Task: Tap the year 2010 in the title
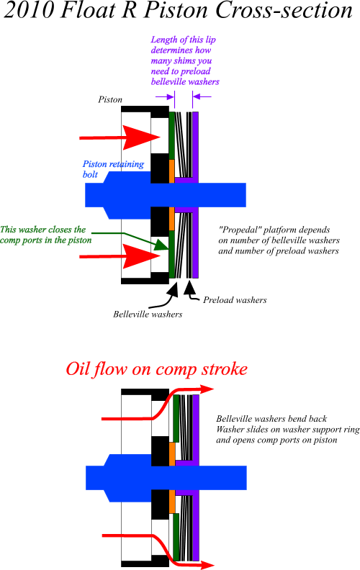pos(29,10)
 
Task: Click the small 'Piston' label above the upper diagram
pos(110,99)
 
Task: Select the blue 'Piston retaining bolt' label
pos(113,169)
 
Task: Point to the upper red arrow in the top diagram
pos(120,137)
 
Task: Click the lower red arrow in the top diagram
pos(120,256)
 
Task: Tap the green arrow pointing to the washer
pos(130,240)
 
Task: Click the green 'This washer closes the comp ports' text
pos(46,235)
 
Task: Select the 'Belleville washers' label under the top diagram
pos(148,314)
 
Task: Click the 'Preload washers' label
pos(235,300)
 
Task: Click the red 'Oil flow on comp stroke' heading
pos(157,369)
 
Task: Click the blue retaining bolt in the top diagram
pos(166,195)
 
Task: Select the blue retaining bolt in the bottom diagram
pos(166,478)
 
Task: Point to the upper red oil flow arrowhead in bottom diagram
pos(206,389)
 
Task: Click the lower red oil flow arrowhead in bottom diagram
pos(206,565)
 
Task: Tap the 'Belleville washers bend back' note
pos(271,419)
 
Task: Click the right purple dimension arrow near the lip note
pos(202,96)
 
